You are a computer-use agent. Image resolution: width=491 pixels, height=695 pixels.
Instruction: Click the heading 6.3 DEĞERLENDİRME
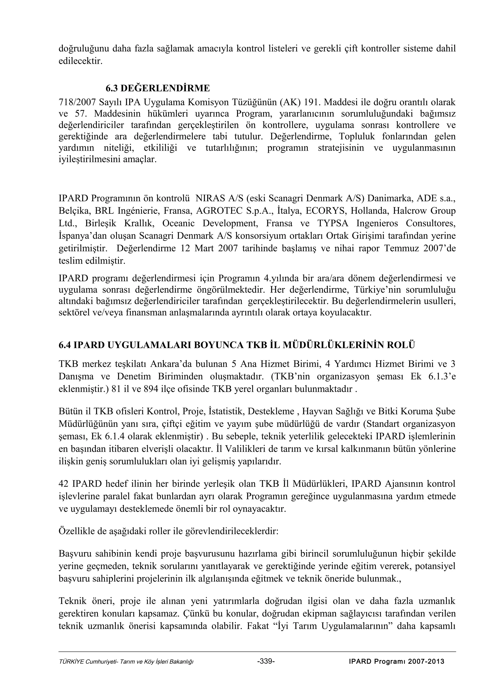pos(157,88)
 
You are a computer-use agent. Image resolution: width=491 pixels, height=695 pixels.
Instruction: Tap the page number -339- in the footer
pos(266,661)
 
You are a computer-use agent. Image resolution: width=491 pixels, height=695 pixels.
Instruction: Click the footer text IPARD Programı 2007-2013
pos(396,661)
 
